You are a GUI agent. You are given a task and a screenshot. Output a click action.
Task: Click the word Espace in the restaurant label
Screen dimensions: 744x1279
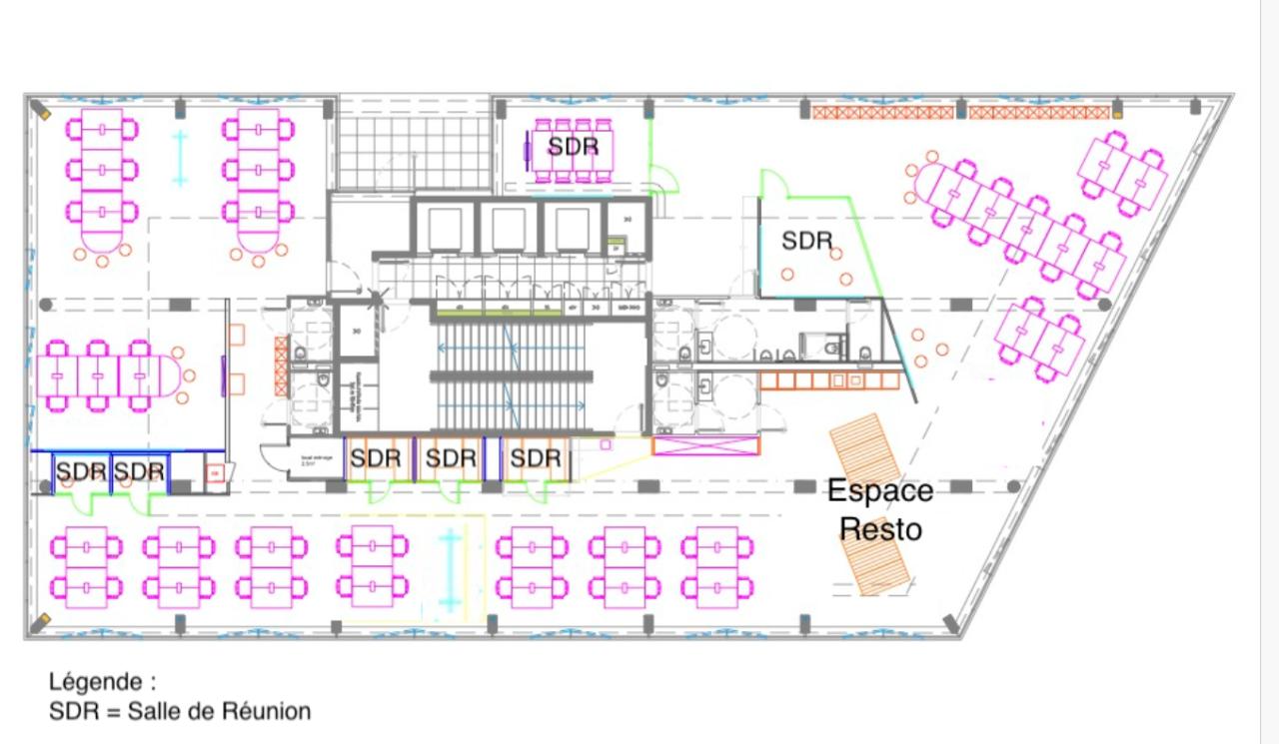click(879, 490)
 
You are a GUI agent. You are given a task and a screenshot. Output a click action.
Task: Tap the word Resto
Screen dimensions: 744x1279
click(881, 528)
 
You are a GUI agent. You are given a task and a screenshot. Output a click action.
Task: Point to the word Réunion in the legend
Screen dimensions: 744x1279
click(267, 711)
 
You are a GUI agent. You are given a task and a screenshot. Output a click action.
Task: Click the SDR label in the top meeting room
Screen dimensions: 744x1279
click(573, 147)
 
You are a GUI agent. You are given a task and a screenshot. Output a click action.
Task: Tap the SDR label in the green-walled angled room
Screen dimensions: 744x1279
click(806, 241)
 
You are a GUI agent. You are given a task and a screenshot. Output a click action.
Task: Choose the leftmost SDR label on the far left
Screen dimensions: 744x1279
click(80, 470)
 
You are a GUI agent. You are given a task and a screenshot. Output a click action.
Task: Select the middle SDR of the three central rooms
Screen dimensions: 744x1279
click(451, 458)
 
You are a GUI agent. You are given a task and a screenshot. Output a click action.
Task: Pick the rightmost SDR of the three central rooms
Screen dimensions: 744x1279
click(536, 458)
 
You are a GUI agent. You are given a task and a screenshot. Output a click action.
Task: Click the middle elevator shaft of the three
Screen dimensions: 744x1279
click(508, 229)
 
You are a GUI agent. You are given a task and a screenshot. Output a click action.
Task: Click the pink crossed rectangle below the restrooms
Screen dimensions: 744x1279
click(704, 446)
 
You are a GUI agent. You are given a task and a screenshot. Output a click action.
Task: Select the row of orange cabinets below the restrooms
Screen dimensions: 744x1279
click(828, 380)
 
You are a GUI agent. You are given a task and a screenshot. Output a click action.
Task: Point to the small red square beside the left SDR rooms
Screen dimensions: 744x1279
click(214, 474)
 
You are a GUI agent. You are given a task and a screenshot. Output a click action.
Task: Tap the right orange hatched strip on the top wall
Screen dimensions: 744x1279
click(1038, 112)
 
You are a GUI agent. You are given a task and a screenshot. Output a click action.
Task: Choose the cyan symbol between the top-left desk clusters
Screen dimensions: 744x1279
click(180, 158)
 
